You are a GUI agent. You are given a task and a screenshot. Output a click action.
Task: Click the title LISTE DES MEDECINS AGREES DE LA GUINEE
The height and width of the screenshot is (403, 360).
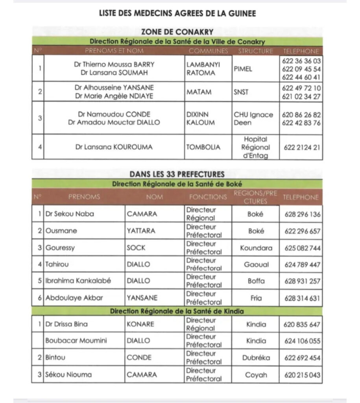tap(177, 14)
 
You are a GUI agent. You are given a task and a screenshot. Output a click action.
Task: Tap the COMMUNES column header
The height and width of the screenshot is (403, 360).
tap(208, 51)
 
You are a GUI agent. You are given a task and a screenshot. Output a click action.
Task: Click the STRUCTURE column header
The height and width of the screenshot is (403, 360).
tap(255, 51)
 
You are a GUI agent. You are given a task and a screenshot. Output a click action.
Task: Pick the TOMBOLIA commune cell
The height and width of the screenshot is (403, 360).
tap(203, 147)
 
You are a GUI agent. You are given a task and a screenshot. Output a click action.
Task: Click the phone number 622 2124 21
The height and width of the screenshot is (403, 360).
tap(301, 147)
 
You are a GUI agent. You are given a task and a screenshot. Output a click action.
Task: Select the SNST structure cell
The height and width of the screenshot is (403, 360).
tap(241, 92)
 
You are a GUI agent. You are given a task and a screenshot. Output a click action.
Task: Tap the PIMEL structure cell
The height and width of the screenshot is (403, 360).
tap(243, 69)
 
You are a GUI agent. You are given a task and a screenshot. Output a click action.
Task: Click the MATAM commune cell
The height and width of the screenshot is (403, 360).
tap(199, 92)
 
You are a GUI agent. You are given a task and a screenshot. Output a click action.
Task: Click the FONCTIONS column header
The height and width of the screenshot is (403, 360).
tap(208, 197)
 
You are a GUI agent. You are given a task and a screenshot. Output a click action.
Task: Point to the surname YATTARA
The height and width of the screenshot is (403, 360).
tap(141, 231)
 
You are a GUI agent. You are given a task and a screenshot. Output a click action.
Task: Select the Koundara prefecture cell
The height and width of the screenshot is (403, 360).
tap(256, 248)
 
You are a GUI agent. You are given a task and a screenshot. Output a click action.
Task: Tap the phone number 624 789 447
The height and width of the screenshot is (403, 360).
tap(302, 265)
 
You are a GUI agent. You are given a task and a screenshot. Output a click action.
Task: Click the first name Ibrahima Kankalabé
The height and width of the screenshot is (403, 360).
tap(78, 281)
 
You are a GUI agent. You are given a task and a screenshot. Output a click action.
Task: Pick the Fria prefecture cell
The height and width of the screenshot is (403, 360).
tap(256, 298)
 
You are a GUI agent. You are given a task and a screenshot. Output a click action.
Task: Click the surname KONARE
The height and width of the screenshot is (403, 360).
tap(140, 325)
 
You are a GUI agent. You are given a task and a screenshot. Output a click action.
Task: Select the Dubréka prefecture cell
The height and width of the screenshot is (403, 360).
tap(256, 358)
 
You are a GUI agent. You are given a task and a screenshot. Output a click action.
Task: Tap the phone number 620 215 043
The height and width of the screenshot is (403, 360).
tap(302, 375)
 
